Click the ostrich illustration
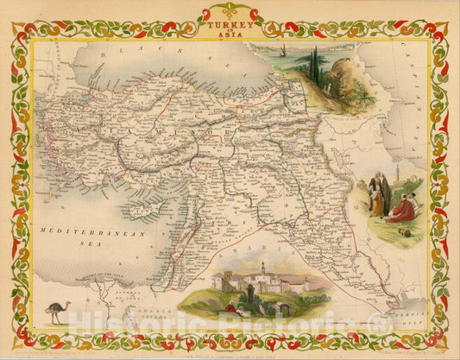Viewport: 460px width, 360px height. click(x=58, y=311)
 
